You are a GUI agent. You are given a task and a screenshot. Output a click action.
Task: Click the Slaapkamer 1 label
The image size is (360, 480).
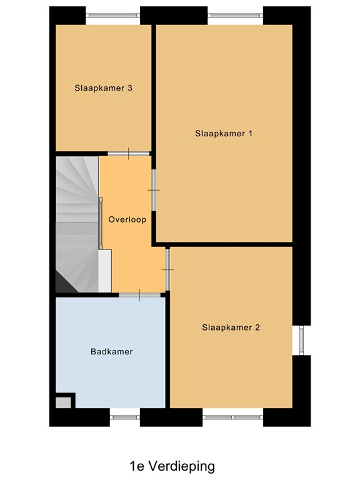(224, 133)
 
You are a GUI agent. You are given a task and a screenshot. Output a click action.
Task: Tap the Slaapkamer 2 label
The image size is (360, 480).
(231, 327)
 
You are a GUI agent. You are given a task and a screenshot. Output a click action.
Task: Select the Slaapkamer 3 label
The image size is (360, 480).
(103, 88)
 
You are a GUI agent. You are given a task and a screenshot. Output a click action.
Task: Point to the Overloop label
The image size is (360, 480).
(127, 219)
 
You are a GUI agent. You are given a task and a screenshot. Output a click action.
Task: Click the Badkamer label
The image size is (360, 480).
(112, 351)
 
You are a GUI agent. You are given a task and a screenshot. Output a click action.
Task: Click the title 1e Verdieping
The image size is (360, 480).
(172, 466)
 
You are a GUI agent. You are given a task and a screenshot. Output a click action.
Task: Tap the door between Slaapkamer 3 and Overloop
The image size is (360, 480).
(129, 154)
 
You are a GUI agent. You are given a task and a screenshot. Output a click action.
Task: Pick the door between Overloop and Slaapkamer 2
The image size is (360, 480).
(167, 269)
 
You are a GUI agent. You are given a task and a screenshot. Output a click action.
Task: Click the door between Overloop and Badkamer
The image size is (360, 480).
(139, 294)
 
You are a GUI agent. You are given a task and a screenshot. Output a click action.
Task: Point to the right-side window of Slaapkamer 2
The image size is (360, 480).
(301, 339)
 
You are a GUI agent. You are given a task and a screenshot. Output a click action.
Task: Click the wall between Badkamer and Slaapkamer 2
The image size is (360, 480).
(167, 350)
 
